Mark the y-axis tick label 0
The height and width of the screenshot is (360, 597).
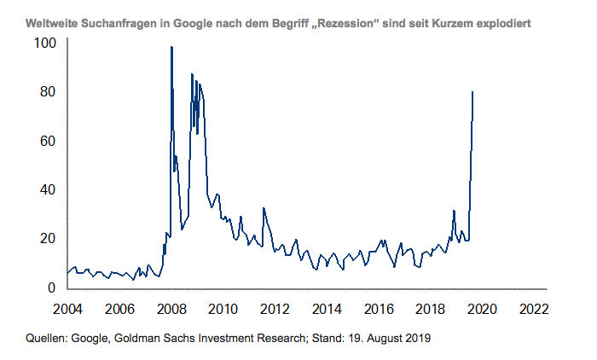(x=52, y=287)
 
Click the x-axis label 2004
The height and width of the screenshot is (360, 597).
(x=67, y=308)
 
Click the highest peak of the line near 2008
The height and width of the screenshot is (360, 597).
(x=171, y=47)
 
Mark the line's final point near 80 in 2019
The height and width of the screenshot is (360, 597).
(x=473, y=92)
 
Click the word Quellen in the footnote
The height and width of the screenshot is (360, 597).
(x=49, y=339)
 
